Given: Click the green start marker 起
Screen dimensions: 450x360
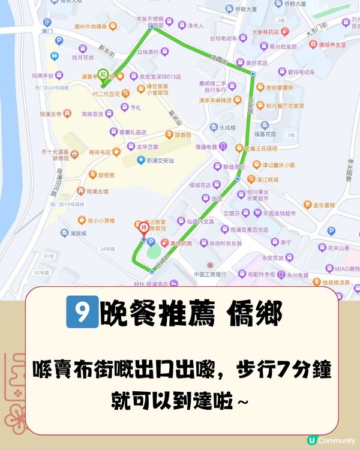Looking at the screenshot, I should pyautogui.click(x=104, y=74).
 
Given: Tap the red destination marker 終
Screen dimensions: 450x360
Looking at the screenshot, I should pyautogui.click(x=143, y=228).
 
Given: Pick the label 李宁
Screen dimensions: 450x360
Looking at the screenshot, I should pyautogui.click(x=286, y=242).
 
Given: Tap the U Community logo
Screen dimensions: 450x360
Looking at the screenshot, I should pyautogui.click(x=331, y=440).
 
